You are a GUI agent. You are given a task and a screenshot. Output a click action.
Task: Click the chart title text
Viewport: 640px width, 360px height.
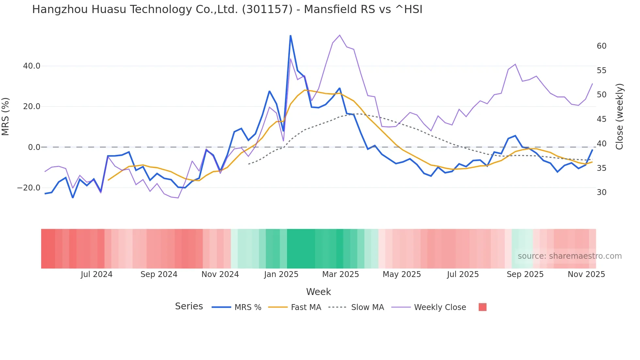click(227, 9)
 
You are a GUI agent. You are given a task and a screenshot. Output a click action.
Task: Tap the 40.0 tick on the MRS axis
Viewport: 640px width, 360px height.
click(32, 66)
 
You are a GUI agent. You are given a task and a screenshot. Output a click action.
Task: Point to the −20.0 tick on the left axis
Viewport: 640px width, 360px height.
click(29, 188)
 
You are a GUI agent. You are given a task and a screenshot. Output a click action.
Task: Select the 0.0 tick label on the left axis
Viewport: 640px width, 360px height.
click(34, 147)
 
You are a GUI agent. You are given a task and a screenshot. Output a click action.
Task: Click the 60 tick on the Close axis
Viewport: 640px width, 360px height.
click(601, 46)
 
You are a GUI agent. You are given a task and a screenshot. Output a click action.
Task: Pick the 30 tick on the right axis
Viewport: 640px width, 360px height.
click(601, 192)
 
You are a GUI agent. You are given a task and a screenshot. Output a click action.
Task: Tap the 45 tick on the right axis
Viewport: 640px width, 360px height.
click(601, 119)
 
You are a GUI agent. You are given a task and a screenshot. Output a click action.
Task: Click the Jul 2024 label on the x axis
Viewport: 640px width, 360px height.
click(96, 274)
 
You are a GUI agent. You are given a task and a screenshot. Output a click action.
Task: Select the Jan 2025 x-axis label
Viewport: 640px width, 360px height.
click(281, 274)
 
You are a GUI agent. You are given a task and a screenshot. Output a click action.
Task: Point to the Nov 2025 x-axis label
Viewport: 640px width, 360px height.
click(586, 274)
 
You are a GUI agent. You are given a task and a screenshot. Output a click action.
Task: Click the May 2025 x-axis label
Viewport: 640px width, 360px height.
click(402, 274)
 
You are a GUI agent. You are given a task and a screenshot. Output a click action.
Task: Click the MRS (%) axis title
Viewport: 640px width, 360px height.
click(6, 117)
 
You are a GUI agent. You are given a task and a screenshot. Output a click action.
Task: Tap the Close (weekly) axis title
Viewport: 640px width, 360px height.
click(619, 117)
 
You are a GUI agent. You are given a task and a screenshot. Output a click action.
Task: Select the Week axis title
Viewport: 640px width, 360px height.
click(318, 292)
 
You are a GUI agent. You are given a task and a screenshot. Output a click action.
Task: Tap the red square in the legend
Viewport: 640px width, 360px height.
click(482, 307)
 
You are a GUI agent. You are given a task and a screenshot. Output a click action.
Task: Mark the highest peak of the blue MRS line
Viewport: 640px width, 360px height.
click(290, 36)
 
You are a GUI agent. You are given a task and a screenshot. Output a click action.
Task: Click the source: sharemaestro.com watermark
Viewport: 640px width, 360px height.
click(569, 256)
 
